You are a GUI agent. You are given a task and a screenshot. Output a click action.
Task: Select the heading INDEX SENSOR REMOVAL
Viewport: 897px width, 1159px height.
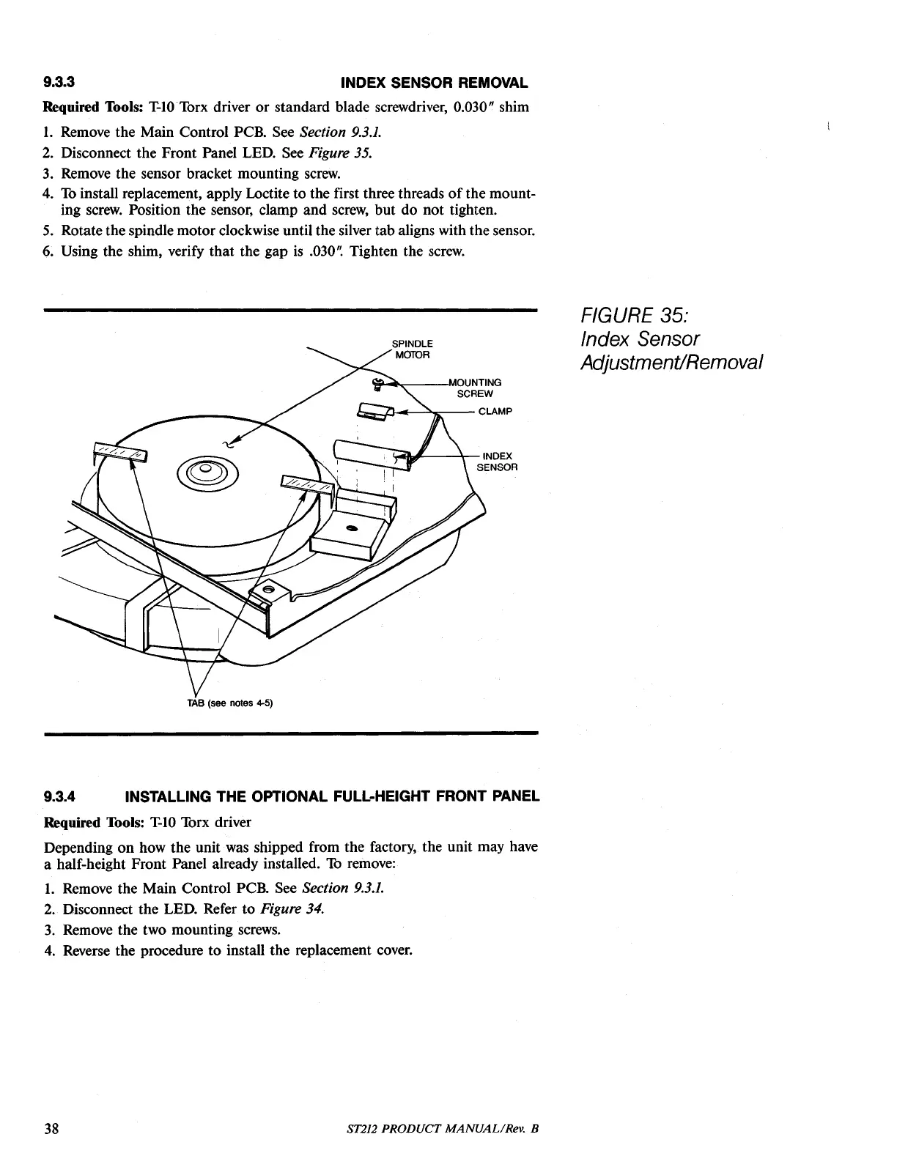click(x=435, y=81)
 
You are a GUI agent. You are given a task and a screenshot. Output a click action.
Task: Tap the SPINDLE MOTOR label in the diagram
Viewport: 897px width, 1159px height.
click(x=412, y=349)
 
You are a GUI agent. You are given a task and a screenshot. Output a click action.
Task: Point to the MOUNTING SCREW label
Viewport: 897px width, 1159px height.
click(x=475, y=388)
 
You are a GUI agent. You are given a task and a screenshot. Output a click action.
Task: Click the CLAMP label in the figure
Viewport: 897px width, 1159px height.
click(x=495, y=411)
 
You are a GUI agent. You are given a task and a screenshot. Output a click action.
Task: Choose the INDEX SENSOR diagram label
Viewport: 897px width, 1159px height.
click(x=498, y=462)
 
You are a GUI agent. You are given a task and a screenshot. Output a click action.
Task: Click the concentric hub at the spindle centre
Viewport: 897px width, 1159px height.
click(x=205, y=469)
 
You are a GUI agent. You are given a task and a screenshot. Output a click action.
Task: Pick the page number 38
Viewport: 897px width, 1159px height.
click(x=51, y=1128)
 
